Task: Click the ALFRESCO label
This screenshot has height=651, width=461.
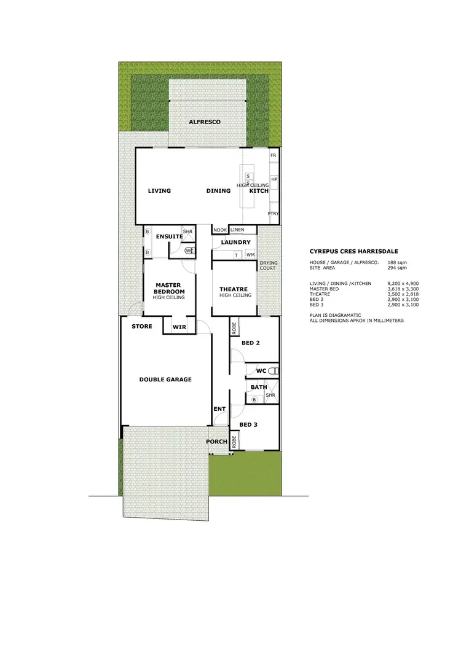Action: (205, 122)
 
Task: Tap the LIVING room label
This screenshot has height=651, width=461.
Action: (159, 191)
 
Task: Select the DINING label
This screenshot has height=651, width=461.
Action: (218, 191)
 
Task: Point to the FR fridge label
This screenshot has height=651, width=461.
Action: (274, 156)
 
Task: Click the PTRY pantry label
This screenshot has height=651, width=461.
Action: (274, 214)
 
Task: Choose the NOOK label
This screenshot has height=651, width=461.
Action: (219, 230)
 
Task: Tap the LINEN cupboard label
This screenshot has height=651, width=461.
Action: (237, 230)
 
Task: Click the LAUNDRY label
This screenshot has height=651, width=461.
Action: (234, 243)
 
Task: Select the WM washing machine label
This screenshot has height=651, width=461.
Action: (250, 254)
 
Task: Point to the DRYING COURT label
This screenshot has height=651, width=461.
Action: (269, 265)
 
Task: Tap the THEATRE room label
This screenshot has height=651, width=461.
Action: (234, 289)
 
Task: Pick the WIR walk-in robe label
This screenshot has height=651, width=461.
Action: (179, 327)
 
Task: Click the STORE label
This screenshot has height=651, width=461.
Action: (141, 327)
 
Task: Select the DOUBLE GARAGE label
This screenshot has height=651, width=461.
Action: (165, 380)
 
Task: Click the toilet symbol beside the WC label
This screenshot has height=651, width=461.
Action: (275, 371)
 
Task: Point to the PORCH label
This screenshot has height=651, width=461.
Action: (217, 442)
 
